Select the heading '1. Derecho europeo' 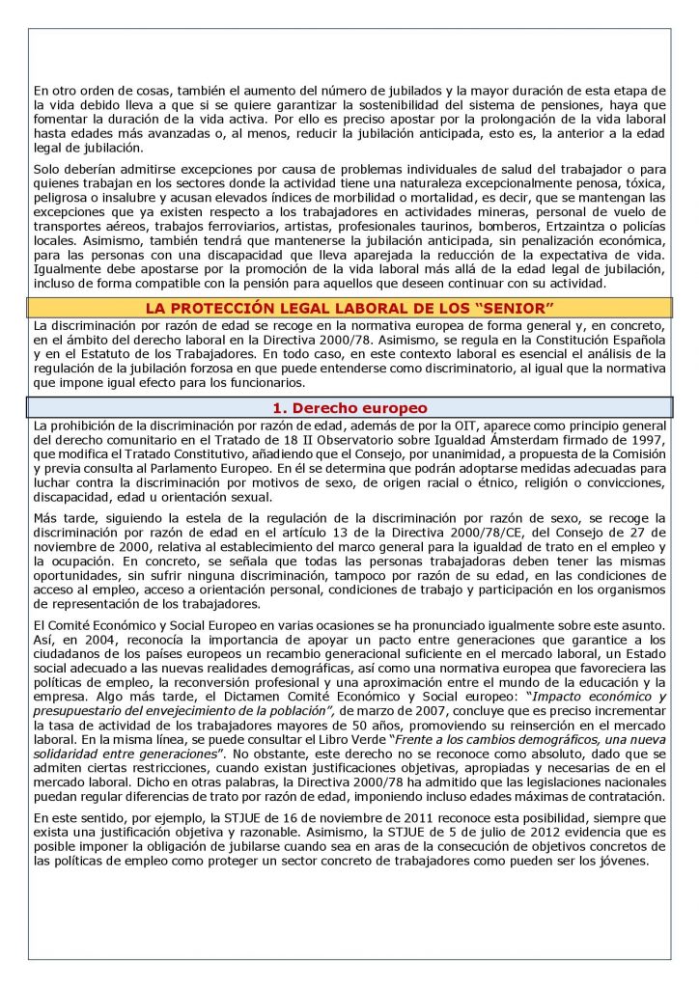[349, 407]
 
